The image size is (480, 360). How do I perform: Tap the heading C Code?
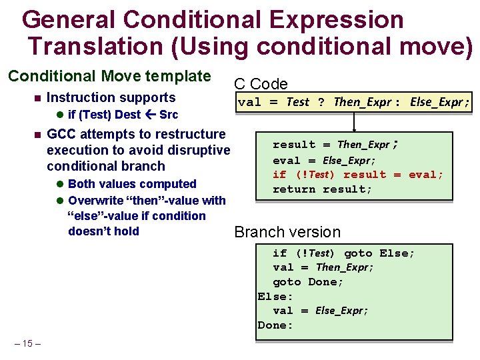click(260, 84)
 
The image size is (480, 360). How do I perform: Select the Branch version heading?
click(287, 232)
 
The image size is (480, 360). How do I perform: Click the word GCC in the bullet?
click(61, 135)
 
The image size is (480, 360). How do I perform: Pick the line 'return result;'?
click(323, 189)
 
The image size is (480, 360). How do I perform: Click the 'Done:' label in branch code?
click(275, 325)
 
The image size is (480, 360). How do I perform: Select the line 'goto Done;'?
click(308, 281)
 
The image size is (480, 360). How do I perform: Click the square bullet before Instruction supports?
click(37, 99)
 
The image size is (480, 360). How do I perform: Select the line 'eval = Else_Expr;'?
click(324, 160)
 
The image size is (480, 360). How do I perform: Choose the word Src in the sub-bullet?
click(169, 115)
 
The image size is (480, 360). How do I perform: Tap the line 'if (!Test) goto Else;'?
click(343, 253)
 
